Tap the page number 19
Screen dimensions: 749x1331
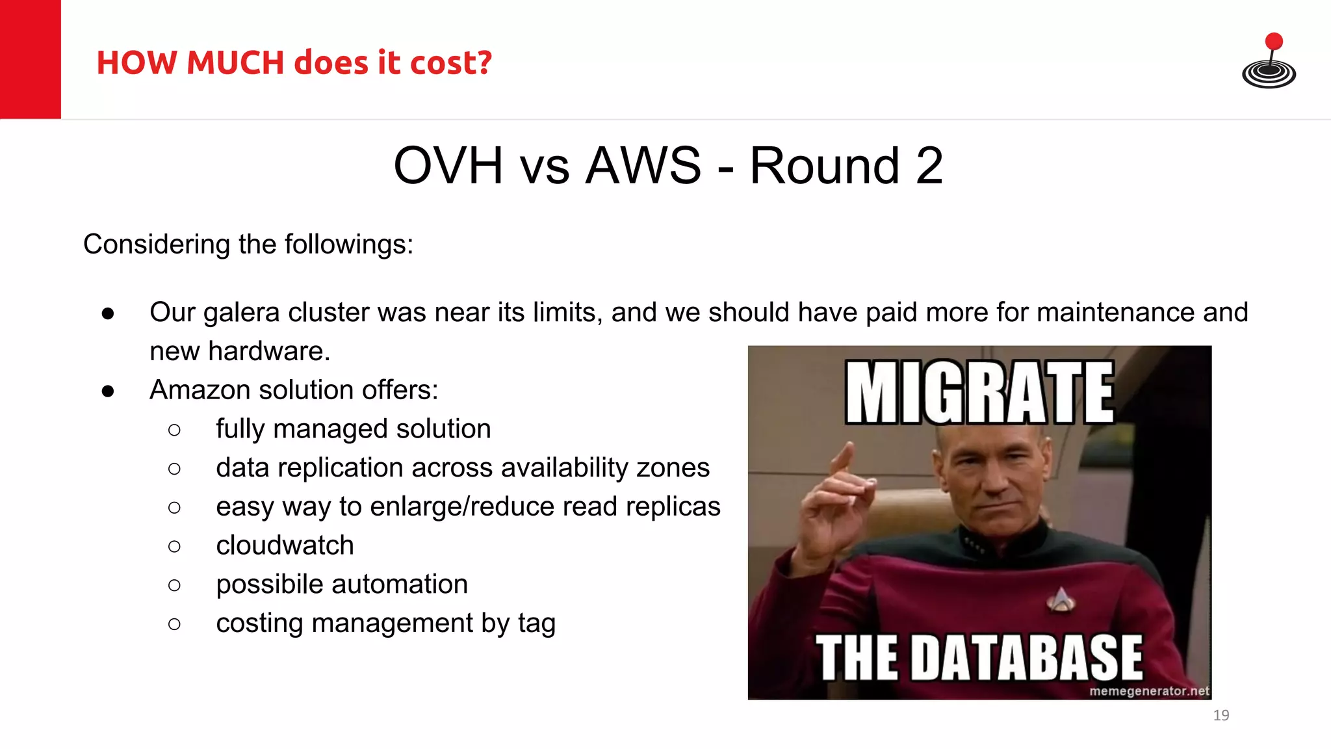pyautogui.click(x=1221, y=715)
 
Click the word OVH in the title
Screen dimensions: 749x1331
pyautogui.click(x=448, y=166)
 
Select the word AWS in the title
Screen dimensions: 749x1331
pyautogui.click(x=643, y=166)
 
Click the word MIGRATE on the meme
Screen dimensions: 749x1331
pyautogui.click(x=979, y=393)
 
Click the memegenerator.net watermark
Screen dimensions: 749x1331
pyautogui.click(x=1148, y=691)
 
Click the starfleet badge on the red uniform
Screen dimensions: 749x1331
pyautogui.click(x=1061, y=599)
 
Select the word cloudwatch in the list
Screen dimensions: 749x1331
pyautogui.click(x=285, y=545)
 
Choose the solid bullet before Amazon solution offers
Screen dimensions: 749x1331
pyautogui.click(x=108, y=391)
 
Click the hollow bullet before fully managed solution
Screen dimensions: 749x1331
pyautogui.click(x=174, y=430)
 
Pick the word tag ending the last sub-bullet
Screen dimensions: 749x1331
pyautogui.click(x=536, y=624)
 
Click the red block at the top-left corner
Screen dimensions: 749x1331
pyautogui.click(x=30, y=59)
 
